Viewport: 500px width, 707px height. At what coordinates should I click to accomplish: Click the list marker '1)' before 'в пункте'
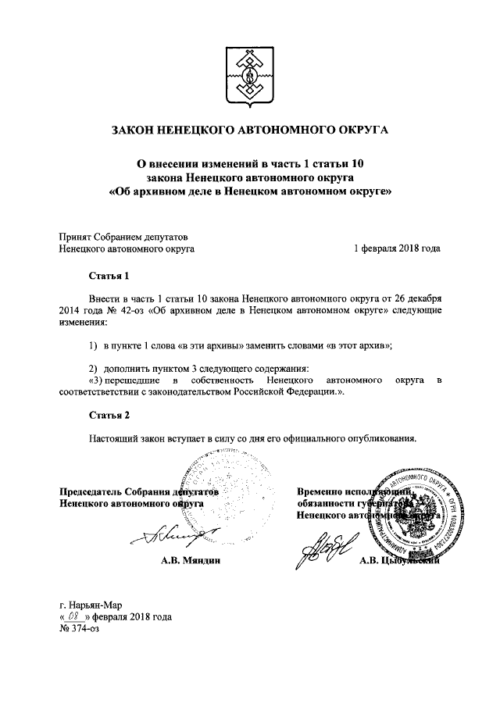(x=92, y=345)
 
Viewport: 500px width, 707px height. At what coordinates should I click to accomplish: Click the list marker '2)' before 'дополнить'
(x=92, y=368)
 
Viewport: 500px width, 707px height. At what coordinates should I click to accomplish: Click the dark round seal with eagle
(x=411, y=512)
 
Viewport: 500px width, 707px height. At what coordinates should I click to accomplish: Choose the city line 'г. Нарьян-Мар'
(x=91, y=604)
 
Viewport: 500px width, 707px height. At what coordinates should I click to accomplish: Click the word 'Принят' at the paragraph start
(x=75, y=237)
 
